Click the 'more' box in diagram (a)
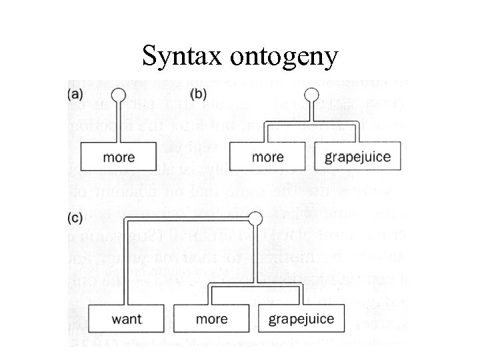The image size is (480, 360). coord(119,157)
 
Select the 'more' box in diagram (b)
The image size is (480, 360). coord(268,157)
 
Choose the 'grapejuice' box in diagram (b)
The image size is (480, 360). coord(357,157)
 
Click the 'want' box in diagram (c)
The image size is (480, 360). coord(127,319)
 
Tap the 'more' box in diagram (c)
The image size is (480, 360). coord(212,319)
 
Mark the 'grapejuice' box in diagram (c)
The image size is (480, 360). coord(301,319)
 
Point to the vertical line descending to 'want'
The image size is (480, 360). coord(127,267)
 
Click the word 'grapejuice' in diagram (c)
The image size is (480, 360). coord(301,319)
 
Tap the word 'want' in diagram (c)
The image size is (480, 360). coord(127,319)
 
